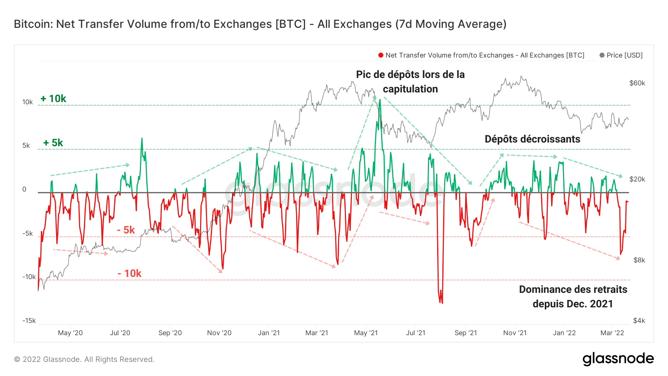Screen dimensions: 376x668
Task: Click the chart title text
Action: tap(260, 24)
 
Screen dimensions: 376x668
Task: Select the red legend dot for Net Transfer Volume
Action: tap(381, 55)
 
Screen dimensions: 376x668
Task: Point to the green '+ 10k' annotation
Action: tap(53, 99)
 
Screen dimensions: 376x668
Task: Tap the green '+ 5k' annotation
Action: tap(53, 143)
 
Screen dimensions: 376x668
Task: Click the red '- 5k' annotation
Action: tap(126, 230)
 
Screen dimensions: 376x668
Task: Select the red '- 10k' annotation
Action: tap(130, 274)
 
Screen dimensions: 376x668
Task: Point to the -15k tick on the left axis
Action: tap(29, 321)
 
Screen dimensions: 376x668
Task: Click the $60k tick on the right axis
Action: tap(637, 83)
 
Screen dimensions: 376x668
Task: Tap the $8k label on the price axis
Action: tap(639, 260)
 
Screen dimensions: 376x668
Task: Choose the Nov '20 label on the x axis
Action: tap(219, 333)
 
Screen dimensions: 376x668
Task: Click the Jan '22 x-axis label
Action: tap(564, 333)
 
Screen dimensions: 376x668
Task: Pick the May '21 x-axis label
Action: tap(366, 333)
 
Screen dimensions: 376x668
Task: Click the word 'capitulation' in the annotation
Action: tap(410, 89)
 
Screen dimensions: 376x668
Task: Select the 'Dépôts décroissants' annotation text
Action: tap(532, 139)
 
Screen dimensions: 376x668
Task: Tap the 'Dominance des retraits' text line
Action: tap(573, 290)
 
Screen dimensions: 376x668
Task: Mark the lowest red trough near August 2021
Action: tap(442, 303)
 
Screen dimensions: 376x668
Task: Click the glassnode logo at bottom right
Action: tap(618, 359)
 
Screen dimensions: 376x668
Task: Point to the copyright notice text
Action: tap(84, 359)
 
